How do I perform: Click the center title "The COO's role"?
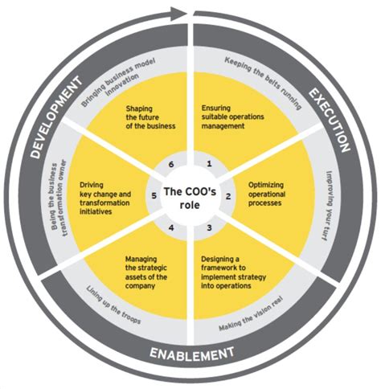190,198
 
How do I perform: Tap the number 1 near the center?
209,163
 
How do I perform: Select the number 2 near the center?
228,196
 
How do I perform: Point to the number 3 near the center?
209,227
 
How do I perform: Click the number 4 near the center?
171,227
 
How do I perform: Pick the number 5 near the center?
154,196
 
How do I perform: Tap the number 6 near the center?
171,164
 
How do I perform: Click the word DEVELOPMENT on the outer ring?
55,117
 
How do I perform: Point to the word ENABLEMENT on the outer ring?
191,354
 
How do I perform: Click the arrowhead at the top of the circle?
178,13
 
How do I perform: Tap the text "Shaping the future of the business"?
150,117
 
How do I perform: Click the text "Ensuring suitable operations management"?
232,117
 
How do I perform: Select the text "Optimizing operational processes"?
267,194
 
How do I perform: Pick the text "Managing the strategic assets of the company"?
146,272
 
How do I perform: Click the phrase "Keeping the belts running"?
264,82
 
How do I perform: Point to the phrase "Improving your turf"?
328,207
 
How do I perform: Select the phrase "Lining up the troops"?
113,305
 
